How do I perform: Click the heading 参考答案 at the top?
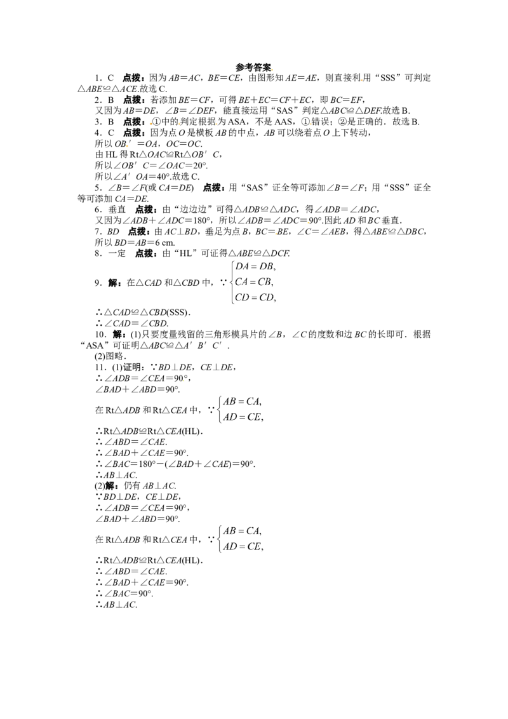pyautogui.click(x=253, y=67)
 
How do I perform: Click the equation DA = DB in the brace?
pyautogui.click(x=255, y=266)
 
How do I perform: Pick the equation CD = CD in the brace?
pyautogui.click(x=255, y=298)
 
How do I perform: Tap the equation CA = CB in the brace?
pyautogui.click(x=254, y=282)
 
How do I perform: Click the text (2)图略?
pyautogui.click(x=110, y=356)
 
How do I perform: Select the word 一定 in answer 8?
pyautogui.click(x=117, y=253)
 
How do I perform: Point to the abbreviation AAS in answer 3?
pyautogui.click(x=284, y=121)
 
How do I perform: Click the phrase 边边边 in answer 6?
pyautogui.click(x=193, y=209)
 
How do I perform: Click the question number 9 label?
pyautogui.click(x=98, y=283)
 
